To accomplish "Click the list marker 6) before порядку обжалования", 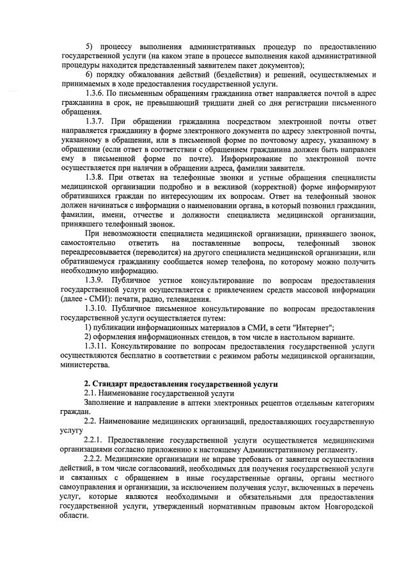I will click(x=89, y=75).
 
